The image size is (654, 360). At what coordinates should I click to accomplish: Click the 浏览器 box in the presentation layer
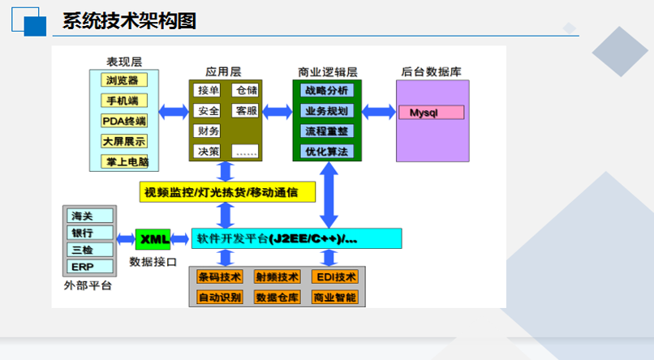[124, 80]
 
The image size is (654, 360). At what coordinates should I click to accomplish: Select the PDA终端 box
[124, 121]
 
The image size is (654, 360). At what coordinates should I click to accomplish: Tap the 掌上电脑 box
[124, 161]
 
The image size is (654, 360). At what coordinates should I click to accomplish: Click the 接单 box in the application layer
[207, 90]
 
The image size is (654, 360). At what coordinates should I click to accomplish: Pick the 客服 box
[245, 110]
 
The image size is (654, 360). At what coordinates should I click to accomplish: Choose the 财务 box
[207, 131]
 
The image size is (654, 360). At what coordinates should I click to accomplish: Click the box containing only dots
[245, 152]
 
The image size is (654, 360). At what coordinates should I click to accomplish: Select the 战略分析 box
[327, 90]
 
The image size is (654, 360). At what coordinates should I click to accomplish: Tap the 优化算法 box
[327, 152]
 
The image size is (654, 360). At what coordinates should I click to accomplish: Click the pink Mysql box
[432, 113]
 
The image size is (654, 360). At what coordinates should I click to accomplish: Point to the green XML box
[153, 239]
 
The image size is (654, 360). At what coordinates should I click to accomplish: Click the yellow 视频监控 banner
[227, 192]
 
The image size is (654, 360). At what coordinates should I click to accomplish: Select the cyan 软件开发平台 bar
[296, 238]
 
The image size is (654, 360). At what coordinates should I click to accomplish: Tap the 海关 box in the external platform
[90, 216]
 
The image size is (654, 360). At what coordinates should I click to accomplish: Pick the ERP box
[90, 266]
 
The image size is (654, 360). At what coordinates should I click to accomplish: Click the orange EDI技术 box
[335, 277]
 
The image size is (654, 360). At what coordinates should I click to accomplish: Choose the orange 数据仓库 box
[278, 297]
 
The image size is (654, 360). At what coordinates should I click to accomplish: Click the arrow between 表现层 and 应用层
[174, 112]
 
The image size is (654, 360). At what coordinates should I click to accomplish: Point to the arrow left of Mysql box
[379, 112]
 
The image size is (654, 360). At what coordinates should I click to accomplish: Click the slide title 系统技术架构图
[129, 21]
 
